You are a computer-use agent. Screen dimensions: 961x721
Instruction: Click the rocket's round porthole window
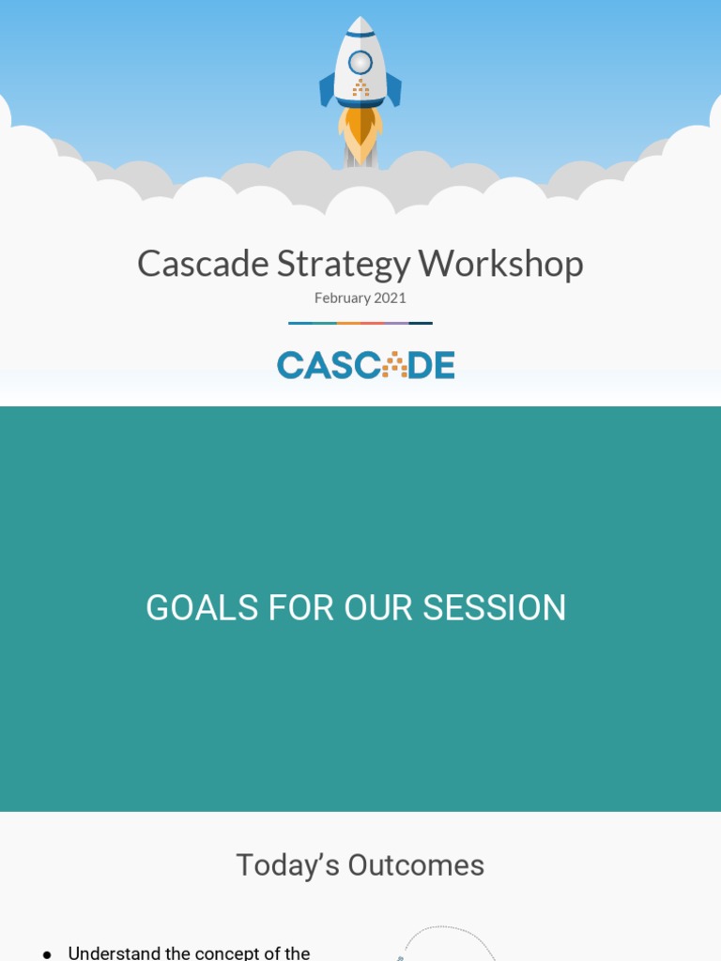tap(360, 63)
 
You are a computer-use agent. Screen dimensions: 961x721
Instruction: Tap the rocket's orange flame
tap(360, 131)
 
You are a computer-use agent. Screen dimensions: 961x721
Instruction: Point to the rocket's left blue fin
tap(327, 90)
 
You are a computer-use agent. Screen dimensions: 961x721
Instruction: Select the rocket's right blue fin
tap(394, 90)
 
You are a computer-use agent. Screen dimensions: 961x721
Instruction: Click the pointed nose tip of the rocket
tap(360, 20)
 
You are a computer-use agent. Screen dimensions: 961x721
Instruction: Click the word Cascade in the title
tap(203, 264)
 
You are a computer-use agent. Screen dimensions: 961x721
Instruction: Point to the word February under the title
tap(343, 298)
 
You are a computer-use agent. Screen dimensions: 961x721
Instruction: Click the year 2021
tap(391, 297)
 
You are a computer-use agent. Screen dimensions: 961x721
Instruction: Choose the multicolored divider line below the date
tap(360, 323)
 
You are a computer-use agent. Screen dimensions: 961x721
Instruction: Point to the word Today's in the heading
tap(287, 865)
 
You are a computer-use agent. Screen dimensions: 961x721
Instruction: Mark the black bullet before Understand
tap(47, 954)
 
